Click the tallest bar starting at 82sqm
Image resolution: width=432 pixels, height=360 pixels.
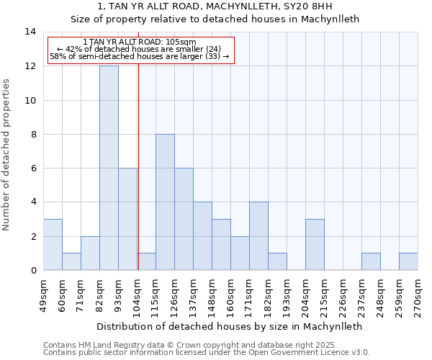pos(109,168)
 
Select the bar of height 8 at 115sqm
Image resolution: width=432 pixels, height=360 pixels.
pos(165,202)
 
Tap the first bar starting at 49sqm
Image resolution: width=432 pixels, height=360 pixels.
pos(53,244)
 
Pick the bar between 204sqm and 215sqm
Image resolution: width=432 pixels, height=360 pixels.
pos(315,244)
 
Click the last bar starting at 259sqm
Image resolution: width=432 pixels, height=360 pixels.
pos(408,261)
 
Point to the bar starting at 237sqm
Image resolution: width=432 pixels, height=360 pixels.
pos(371,261)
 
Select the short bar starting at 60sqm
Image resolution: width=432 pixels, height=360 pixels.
pos(71,261)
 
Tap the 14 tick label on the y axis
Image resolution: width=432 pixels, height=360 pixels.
pos(30,32)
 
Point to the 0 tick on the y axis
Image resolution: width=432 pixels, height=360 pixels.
pos(33,270)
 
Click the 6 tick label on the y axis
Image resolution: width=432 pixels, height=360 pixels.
pos(33,168)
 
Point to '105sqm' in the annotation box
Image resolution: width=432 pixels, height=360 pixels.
pos(181,42)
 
